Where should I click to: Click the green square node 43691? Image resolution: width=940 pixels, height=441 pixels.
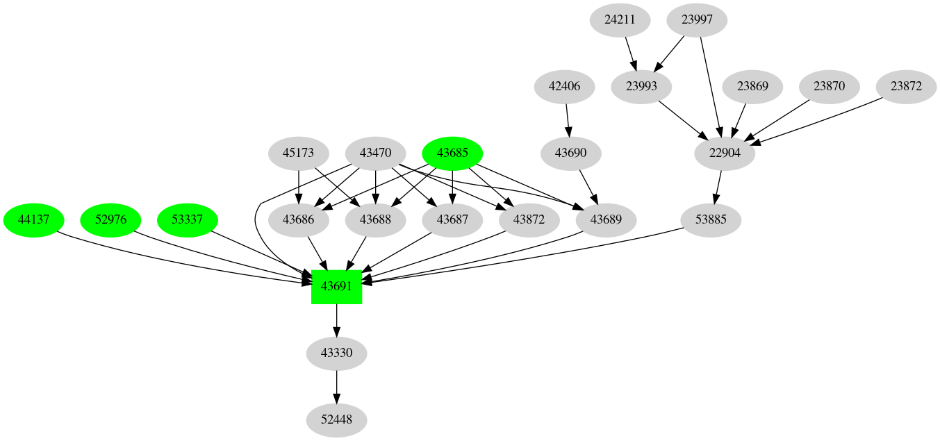tap(336, 286)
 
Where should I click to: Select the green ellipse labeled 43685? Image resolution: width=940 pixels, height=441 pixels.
tap(453, 153)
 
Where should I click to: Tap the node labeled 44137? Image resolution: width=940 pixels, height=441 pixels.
tap(33, 220)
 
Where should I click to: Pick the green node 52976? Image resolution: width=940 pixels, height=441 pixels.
tap(110, 220)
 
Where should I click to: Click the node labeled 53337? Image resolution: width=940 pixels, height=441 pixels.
tap(188, 220)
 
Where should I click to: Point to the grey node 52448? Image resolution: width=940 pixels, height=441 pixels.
tap(336, 420)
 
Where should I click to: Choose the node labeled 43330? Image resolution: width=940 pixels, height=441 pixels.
tap(336, 353)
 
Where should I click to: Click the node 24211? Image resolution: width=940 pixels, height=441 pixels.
tap(620, 19)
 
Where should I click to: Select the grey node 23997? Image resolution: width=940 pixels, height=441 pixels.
tap(697, 19)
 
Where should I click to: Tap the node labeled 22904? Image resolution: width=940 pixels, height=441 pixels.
tap(725, 153)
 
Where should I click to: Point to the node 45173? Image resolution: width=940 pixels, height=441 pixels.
tap(299, 153)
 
